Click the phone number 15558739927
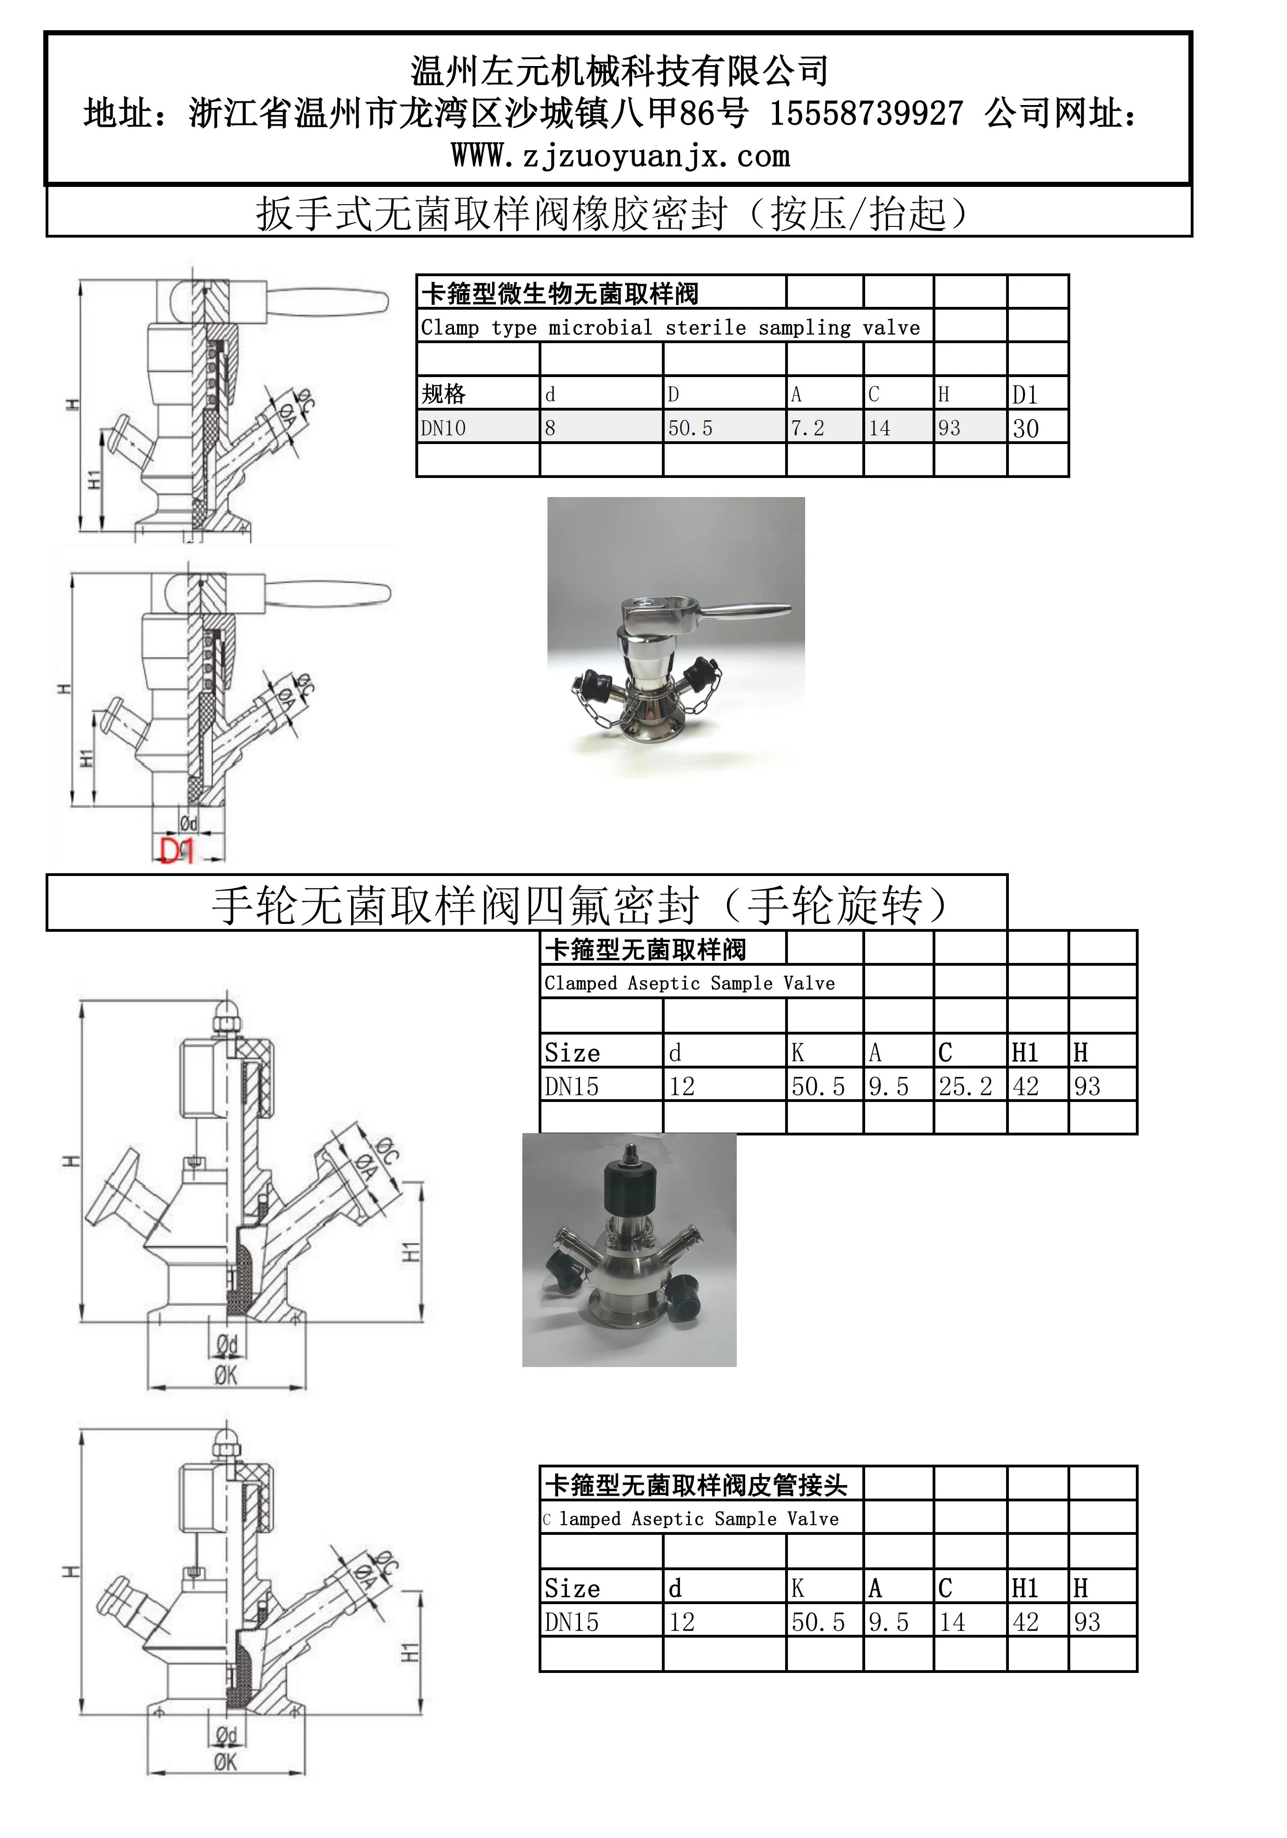click(867, 113)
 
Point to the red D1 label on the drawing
click(177, 850)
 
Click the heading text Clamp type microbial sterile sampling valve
click(670, 327)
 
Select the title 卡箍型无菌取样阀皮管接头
click(696, 1486)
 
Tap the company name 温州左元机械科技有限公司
click(619, 71)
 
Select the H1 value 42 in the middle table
click(1025, 1086)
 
